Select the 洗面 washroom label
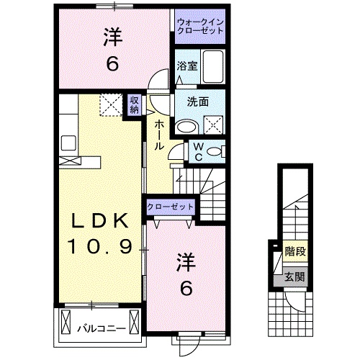199,102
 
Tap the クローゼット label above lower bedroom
171,207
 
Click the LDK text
100,220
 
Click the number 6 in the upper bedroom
113,64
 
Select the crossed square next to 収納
112,107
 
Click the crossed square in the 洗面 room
214,125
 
